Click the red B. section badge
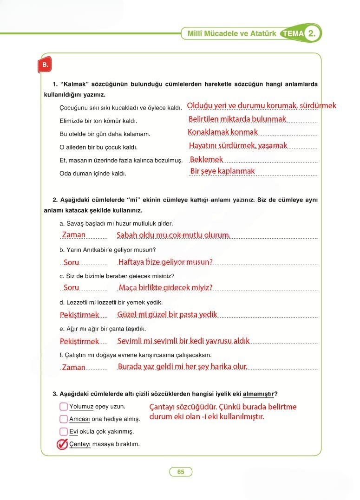tap(45, 65)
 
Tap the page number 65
tap(181, 472)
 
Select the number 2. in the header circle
tap(313, 33)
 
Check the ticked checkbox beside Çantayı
tap(62, 444)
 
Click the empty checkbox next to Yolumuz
tap(64, 407)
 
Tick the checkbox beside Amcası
tap(64, 419)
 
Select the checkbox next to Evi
tap(64, 431)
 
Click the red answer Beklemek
tap(207, 159)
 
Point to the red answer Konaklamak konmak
tap(223, 132)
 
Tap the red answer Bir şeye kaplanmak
tap(223, 171)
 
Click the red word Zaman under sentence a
tap(74, 235)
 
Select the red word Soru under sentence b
tap(72, 262)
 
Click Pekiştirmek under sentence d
tap(79, 315)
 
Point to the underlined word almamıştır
tap(258, 394)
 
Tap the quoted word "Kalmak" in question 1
tap(75, 84)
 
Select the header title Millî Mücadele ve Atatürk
tap(231, 34)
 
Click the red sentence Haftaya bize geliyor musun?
tap(165, 262)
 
